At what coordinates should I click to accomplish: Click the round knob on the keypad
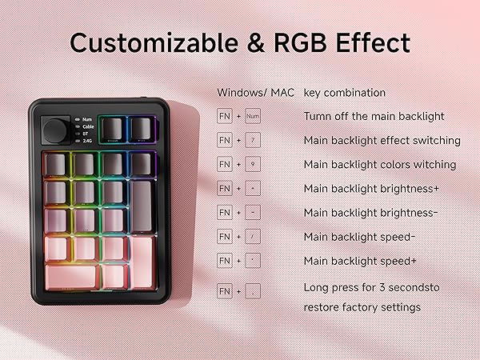57,128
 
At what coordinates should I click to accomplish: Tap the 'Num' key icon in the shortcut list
254,117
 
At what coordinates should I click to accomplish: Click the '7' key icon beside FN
254,141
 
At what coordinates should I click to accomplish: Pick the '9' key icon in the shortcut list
254,165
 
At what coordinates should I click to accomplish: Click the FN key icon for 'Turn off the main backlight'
225,117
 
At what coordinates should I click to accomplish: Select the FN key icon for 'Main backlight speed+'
225,261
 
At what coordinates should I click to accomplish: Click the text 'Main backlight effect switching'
382,141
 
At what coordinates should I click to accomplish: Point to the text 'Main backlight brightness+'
370,189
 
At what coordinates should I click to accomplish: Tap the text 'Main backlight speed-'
360,237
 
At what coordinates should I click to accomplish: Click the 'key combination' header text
344,93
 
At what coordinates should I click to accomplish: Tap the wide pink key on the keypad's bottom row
72,276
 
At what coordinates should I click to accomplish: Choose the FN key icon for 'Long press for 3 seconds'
225,293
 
